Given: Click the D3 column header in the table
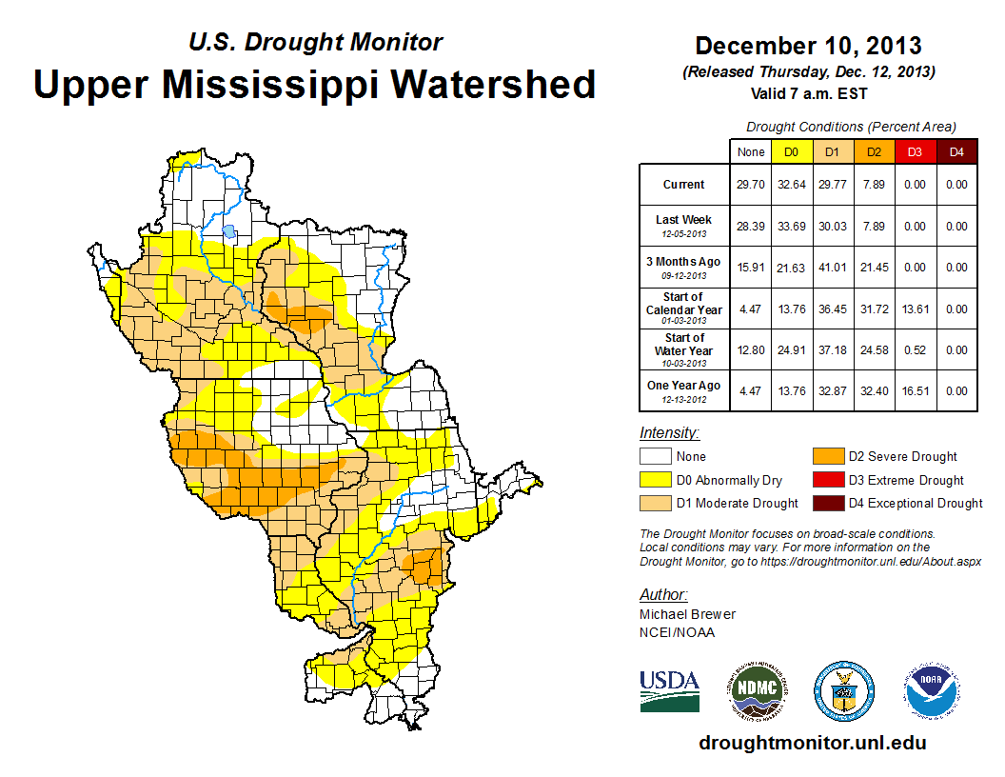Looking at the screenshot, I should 914,151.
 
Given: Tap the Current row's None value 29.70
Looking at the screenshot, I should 751,185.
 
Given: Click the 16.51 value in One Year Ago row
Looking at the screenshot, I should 914,391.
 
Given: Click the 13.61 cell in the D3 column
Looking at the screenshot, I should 914,309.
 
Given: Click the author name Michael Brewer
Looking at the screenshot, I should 687,614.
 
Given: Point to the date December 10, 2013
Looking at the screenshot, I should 808,45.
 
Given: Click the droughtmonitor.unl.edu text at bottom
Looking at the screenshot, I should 812,743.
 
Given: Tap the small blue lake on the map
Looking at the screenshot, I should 228,230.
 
